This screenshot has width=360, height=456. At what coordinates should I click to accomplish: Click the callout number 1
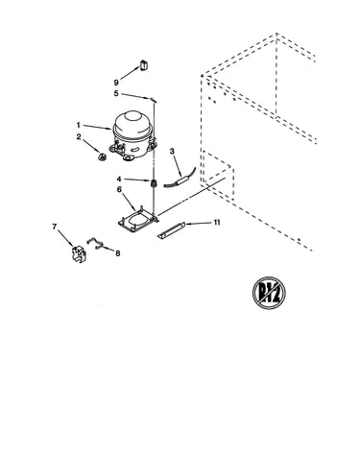(78, 124)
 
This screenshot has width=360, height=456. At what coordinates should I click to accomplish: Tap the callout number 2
(79, 137)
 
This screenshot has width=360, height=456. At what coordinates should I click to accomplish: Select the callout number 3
(172, 151)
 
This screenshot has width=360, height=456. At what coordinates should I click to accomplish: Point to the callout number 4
(119, 179)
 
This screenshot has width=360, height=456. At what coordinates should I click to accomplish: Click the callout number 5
(116, 93)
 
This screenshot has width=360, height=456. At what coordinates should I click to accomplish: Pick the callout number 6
(119, 189)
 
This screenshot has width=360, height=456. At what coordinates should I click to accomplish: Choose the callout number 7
(55, 227)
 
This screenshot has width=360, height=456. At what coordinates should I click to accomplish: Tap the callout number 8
(118, 253)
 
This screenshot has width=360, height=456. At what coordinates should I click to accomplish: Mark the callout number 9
(116, 83)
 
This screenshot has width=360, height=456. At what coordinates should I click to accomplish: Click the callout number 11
(217, 222)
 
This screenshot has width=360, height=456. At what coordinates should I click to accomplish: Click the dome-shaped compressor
(132, 134)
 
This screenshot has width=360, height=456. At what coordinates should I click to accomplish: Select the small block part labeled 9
(143, 64)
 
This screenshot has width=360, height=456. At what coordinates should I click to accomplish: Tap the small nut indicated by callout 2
(102, 157)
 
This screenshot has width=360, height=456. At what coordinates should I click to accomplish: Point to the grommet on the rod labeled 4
(154, 183)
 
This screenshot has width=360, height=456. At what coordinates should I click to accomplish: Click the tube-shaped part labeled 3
(180, 179)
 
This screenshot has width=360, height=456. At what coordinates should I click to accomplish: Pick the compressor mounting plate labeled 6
(137, 220)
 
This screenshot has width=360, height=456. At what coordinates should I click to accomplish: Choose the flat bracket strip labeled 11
(172, 230)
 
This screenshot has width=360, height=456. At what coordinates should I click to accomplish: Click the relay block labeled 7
(79, 254)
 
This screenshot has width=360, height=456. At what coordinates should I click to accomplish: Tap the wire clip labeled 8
(95, 243)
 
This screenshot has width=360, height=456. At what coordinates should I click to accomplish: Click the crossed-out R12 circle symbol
(269, 293)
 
